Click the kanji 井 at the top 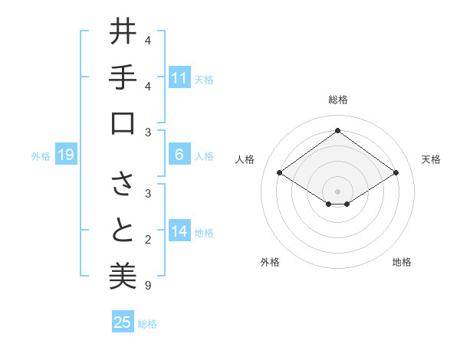click(122, 32)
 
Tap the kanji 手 click(122, 77)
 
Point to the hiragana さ click(122, 185)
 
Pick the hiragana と click(122, 231)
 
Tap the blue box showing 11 click(179, 77)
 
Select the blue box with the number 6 click(179, 155)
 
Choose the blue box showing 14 click(179, 232)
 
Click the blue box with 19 click(66, 155)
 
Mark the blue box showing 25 click(123, 322)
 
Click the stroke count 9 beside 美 click(148, 286)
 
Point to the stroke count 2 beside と click(148, 241)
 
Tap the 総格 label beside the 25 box click(147, 324)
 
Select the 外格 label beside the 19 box click(41, 156)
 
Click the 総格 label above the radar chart click(337, 100)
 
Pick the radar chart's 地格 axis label click(402, 262)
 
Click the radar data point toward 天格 click(396, 173)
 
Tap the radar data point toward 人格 click(280, 173)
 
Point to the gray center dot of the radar click(337, 191)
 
